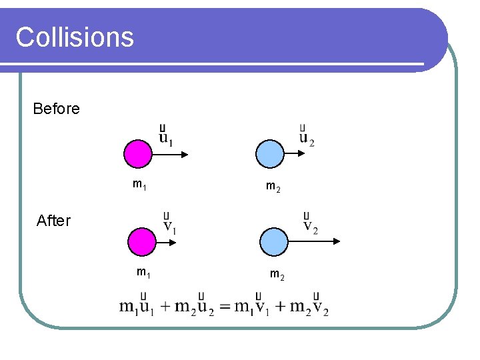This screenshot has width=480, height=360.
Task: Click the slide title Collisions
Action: [x=75, y=37]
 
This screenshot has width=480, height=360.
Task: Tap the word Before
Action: [x=56, y=109]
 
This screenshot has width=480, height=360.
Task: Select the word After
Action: [x=53, y=221]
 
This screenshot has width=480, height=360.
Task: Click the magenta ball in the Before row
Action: [x=138, y=154]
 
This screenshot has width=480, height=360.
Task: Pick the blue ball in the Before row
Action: [x=270, y=154]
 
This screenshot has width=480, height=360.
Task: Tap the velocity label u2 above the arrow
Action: [x=307, y=137]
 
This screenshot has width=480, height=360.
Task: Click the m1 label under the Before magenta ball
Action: [x=140, y=185]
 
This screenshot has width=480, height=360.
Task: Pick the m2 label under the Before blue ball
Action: [x=273, y=188]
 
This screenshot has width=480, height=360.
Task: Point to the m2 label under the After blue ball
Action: [x=277, y=273]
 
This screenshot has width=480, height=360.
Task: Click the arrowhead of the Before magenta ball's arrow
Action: [x=185, y=155]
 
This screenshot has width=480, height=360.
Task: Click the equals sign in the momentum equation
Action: [x=225, y=307]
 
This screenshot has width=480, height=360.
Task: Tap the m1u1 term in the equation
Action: [x=137, y=307]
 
